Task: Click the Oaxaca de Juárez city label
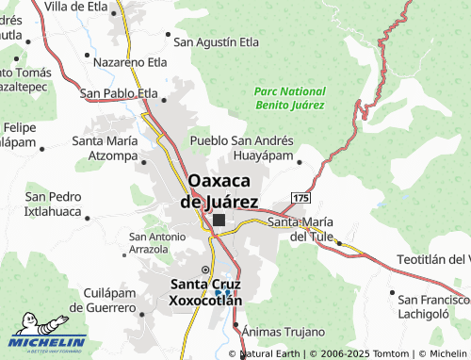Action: tap(224, 190)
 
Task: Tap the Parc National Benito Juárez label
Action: tap(288, 95)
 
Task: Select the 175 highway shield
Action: tap(300, 197)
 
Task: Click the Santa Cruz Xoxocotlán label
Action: tap(205, 292)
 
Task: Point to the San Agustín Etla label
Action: tap(216, 41)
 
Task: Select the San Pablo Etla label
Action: tap(119, 93)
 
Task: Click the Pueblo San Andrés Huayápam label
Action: tap(242, 148)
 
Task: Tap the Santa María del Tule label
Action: tap(300, 229)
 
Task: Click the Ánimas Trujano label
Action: tap(284, 332)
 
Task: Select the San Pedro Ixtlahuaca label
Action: tap(53, 204)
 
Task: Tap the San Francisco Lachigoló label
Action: tap(432, 304)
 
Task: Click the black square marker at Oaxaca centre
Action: tap(219, 221)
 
